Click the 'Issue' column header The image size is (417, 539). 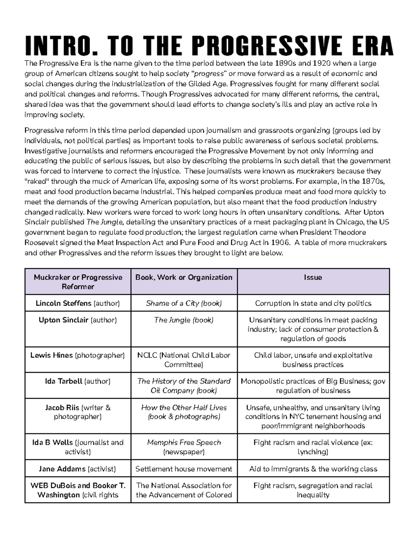pyautogui.click(x=313, y=277)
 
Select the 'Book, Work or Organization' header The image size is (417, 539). pyautogui.click(x=184, y=277)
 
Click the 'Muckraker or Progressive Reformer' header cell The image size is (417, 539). pyautogui.click(x=78, y=282)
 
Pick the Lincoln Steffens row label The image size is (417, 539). pyautogui.click(x=78, y=303)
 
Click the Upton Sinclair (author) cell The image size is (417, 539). pyautogui.click(x=78, y=320)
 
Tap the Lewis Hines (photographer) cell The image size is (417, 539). pyautogui.click(x=78, y=355)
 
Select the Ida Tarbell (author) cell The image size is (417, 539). pyautogui.click(x=78, y=381)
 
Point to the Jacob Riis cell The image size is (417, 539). pyautogui.click(x=78, y=412)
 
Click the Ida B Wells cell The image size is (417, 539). pyautogui.click(x=78, y=447)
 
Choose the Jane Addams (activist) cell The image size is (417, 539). pyautogui.click(x=78, y=469)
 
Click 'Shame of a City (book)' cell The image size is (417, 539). pyautogui.click(x=184, y=303)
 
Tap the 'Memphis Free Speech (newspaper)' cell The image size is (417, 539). pyautogui.click(x=184, y=447)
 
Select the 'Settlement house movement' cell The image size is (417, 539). pyautogui.click(x=184, y=469)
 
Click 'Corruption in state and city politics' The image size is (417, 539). pyautogui.click(x=313, y=303)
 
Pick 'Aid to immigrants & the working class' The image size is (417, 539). pyautogui.click(x=313, y=469)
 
